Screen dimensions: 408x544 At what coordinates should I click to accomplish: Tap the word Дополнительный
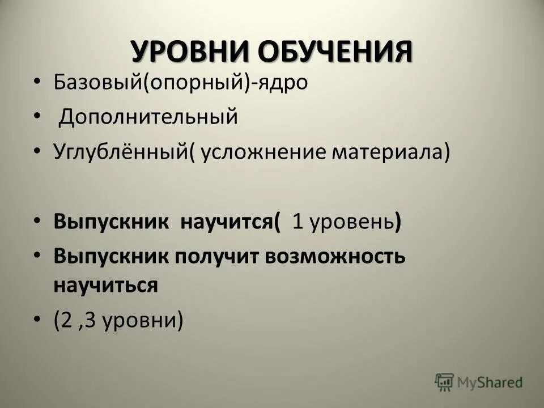tap(148, 118)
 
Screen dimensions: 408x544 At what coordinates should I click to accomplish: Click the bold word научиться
tap(105, 284)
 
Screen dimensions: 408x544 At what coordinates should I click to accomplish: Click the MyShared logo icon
tap(444, 381)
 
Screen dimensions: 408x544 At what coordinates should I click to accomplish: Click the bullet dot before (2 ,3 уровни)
tap(37, 321)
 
